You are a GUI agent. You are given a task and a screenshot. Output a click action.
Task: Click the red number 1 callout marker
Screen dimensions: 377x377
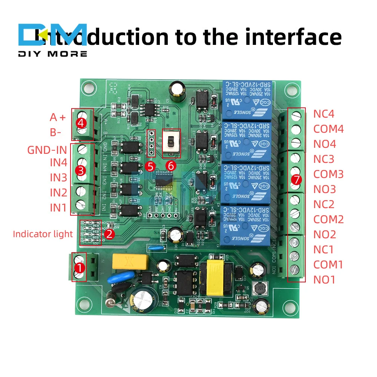pos(79,268)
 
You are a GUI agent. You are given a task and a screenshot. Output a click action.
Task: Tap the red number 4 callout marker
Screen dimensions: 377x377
pos(80,123)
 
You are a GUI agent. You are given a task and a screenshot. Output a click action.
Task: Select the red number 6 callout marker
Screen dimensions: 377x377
pos(171,166)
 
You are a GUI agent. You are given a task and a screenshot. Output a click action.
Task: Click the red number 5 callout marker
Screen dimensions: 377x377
pos(151,166)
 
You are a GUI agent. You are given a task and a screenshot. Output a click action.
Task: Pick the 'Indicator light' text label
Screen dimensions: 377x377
pos(43,234)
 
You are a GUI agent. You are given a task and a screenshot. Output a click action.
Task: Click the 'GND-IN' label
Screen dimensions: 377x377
pos(47,150)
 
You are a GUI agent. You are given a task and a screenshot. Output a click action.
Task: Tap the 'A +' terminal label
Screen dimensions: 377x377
pos(58,117)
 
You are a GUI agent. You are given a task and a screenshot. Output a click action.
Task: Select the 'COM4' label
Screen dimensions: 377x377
pos(328,129)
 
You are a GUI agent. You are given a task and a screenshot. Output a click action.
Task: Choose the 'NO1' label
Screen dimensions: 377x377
pos(324,280)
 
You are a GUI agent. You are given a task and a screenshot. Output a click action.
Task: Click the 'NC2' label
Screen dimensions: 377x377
pos(324,204)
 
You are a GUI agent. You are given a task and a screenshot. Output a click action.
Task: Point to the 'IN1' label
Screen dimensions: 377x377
pos(58,207)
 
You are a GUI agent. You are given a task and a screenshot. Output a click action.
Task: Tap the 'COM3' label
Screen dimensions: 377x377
pos(328,174)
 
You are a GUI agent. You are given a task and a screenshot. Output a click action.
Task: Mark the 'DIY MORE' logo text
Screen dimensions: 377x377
pos(52,54)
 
